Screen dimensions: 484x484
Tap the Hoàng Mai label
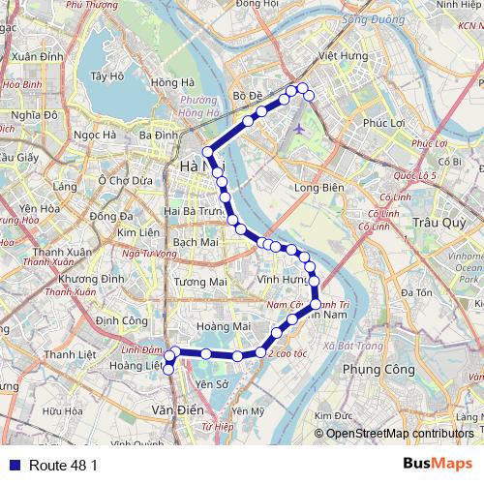(x=217, y=327)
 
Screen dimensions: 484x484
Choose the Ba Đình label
(x=158, y=136)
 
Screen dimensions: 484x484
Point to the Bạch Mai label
(x=196, y=241)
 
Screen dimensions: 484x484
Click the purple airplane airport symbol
(x=298, y=128)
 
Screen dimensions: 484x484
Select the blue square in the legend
(x=13, y=465)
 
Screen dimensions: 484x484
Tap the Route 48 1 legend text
(x=64, y=465)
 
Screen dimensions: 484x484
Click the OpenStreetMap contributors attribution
(x=399, y=433)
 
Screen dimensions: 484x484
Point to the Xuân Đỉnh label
(x=40, y=57)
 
